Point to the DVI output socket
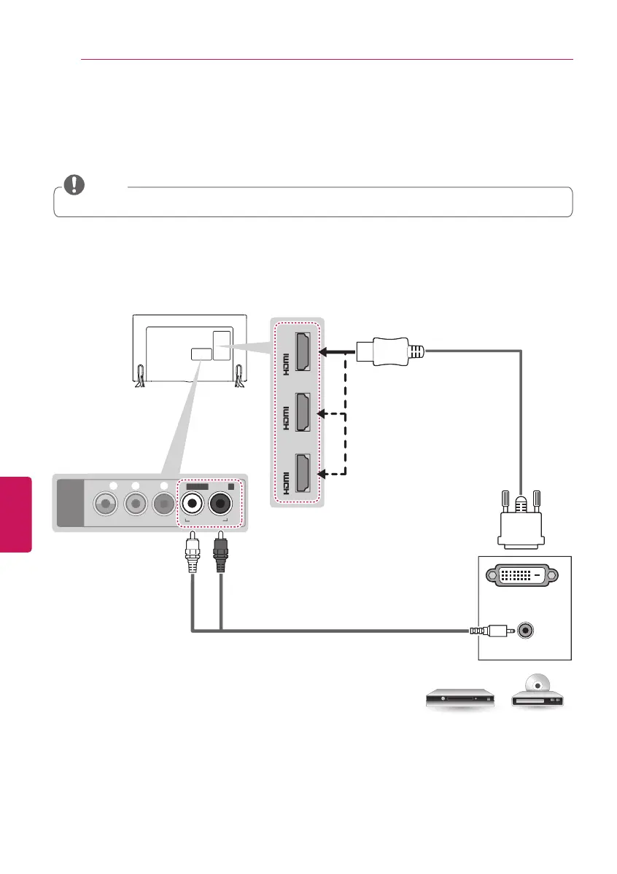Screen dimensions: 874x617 point(523,575)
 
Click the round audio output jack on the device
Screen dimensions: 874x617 point(524,630)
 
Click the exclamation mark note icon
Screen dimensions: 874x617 point(73,185)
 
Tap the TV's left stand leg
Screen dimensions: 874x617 point(140,378)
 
